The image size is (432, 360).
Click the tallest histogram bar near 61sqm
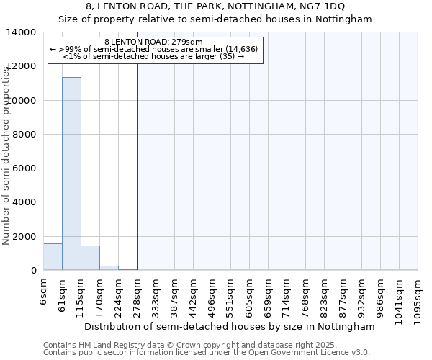(71, 173)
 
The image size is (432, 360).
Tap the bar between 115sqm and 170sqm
(90, 258)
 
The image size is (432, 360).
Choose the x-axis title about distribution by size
(230, 327)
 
